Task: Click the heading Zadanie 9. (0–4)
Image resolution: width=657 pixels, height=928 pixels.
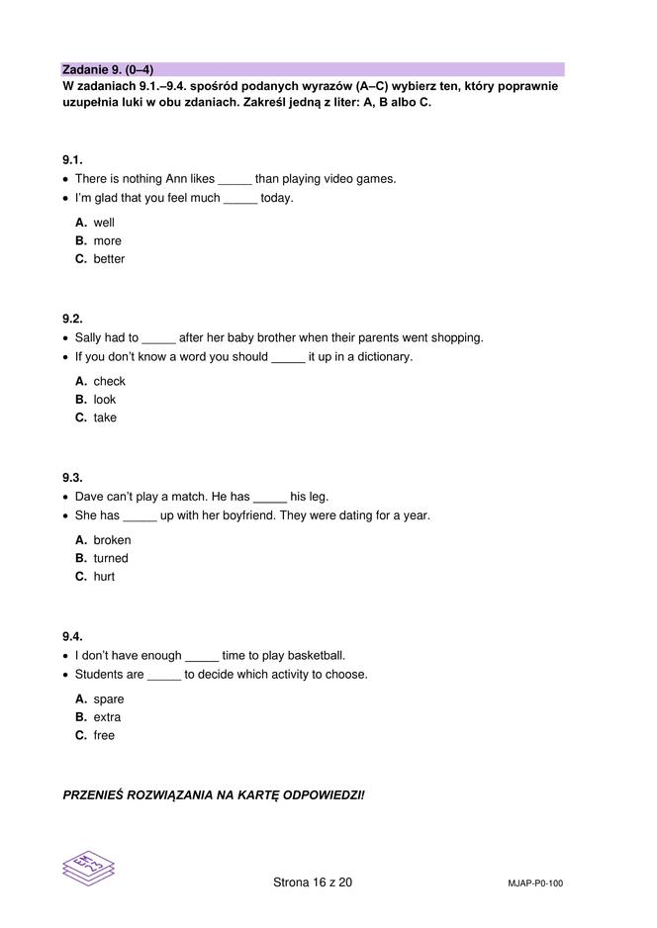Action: coord(108,69)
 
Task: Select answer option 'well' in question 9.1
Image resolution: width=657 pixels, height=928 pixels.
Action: coord(104,223)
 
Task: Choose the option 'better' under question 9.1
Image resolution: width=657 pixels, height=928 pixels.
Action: coord(109,259)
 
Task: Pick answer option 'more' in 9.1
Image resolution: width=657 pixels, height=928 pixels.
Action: coord(107,240)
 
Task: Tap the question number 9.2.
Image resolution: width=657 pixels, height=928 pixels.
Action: coord(72,319)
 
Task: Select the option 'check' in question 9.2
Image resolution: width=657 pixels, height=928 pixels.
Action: coord(109,381)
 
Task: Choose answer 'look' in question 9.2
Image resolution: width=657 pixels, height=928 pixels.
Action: coord(104,400)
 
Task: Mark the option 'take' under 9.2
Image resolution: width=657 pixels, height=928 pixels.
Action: coord(105,418)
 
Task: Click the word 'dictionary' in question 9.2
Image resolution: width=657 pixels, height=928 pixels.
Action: coord(381,356)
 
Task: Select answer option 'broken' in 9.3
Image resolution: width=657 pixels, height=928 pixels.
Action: coord(112,540)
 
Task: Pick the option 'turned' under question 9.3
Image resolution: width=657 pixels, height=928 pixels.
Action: coord(111,558)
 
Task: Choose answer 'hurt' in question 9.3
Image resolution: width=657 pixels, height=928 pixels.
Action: coord(104,577)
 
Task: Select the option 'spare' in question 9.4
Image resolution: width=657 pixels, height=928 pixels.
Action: coord(109,699)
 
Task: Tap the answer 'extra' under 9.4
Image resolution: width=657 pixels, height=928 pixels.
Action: coord(107,717)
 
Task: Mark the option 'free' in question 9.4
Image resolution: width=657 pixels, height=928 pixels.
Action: coord(104,735)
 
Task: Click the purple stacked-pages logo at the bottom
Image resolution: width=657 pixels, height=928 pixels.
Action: coord(89,868)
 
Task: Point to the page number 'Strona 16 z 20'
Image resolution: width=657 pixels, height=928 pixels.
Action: coord(312,882)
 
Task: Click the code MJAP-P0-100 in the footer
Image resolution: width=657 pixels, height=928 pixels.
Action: coord(528,883)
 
